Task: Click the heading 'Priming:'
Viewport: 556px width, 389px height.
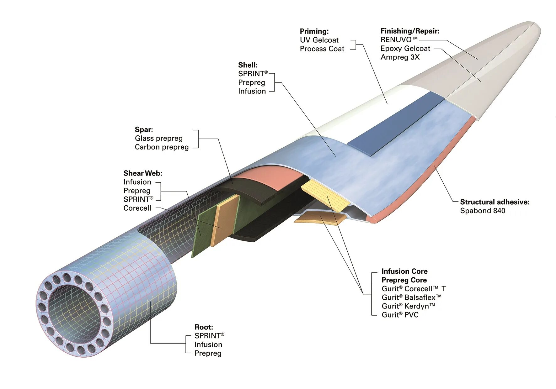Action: (x=314, y=31)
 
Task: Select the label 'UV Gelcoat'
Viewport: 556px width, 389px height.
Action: (x=319, y=40)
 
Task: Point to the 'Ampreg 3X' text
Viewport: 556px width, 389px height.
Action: (x=400, y=57)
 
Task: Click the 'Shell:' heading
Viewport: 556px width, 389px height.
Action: (x=248, y=65)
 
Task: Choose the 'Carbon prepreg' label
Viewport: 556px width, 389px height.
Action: (x=162, y=147)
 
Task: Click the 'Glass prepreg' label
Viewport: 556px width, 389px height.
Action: (x=158, y=138)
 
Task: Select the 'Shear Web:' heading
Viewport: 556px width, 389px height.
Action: (x=143, y=173)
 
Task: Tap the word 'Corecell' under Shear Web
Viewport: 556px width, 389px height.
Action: (x=137, y=208)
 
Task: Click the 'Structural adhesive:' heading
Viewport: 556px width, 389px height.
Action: (x=495, y=202)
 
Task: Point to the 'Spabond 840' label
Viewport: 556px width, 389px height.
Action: (x=483, y=211)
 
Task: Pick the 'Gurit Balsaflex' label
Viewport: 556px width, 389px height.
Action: (x=411, y=297)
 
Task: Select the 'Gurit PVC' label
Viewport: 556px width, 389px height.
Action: (x=400, y=315)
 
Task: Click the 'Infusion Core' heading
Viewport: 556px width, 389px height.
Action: (x=404, y=271)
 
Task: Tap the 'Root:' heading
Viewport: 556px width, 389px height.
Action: (x=204, y=327)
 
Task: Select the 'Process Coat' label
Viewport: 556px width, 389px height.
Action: (x=322, y=49)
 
